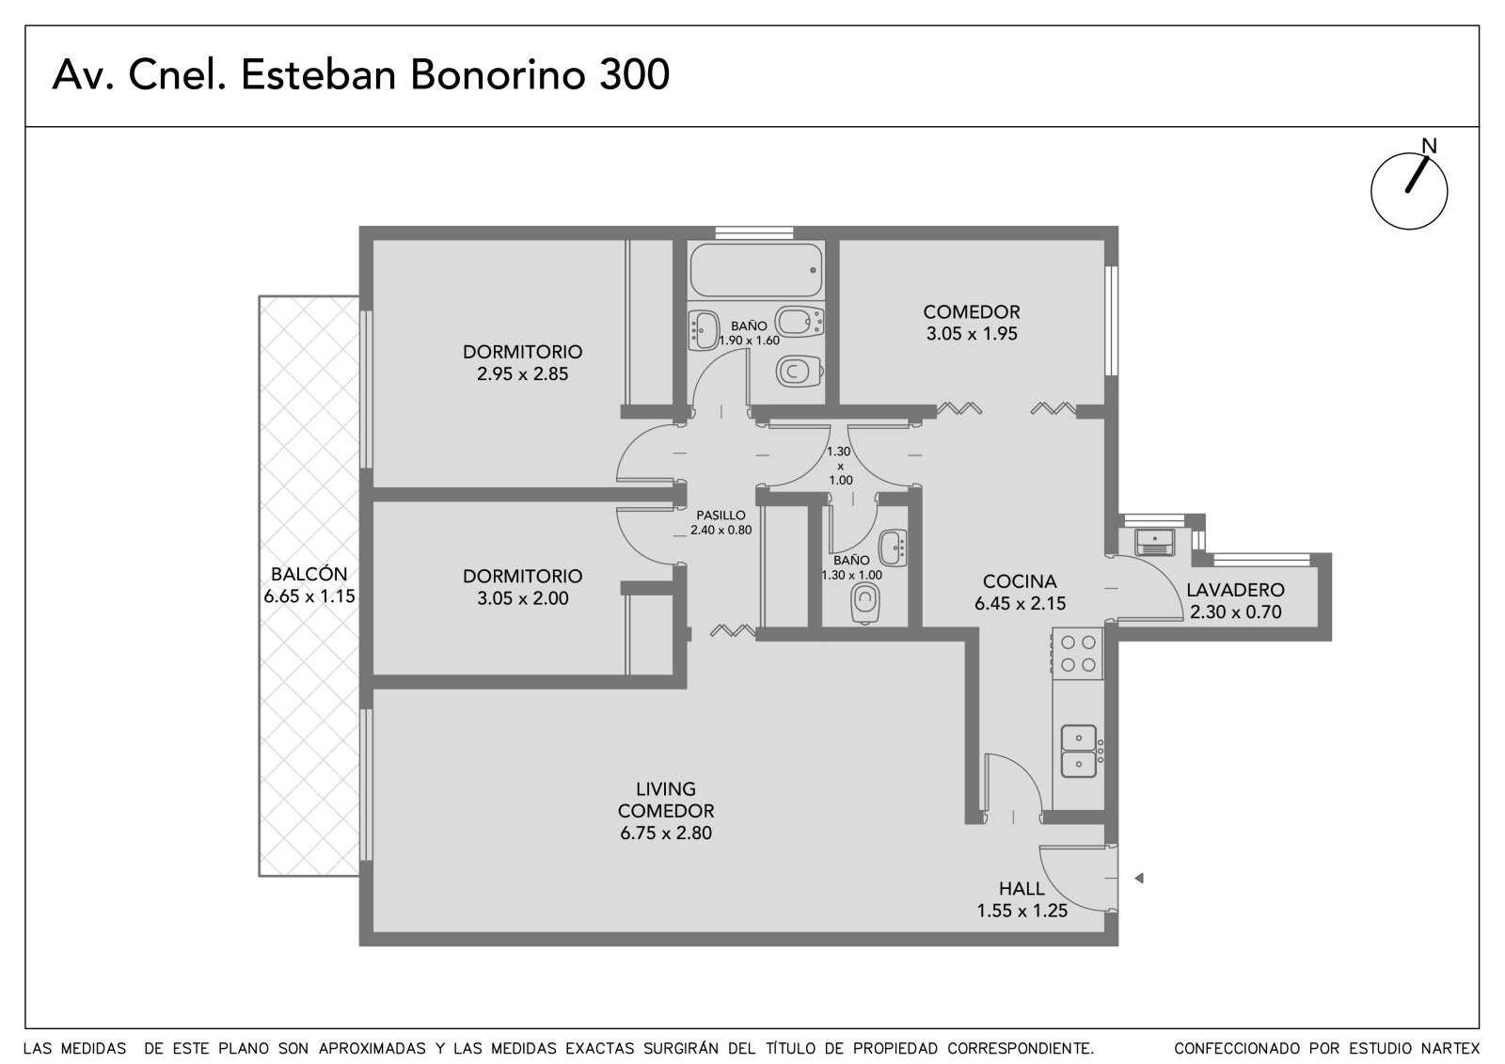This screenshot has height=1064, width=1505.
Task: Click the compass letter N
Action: coord(1429,146)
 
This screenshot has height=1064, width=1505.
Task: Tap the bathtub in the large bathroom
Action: coord(756,270)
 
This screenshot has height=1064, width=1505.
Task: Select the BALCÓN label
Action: coord(309,574)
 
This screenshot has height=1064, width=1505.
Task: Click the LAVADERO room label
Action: coord(1235,590)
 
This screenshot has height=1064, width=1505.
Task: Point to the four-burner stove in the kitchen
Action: coord(1078,653)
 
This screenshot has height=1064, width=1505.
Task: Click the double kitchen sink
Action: coord(1078,750)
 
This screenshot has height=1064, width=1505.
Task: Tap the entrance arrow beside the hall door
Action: coord(1139,878)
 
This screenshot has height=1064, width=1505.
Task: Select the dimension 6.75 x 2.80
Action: coord(665,834)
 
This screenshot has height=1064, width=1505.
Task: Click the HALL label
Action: coord(1022,889)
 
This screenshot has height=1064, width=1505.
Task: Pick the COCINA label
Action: coord(1020,581)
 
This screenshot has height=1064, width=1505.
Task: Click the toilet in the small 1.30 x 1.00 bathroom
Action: coord(865,603)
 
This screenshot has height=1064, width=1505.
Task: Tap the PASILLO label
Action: coord(721,516)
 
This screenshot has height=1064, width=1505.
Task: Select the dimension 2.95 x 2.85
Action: coord(522,374)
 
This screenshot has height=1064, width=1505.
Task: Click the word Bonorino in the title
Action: coord(498,74)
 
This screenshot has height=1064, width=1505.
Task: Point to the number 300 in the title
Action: coord(634,74)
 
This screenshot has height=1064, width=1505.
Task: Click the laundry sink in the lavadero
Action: coord(1154,542)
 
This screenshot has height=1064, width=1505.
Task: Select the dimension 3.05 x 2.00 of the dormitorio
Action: coord(523,598)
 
